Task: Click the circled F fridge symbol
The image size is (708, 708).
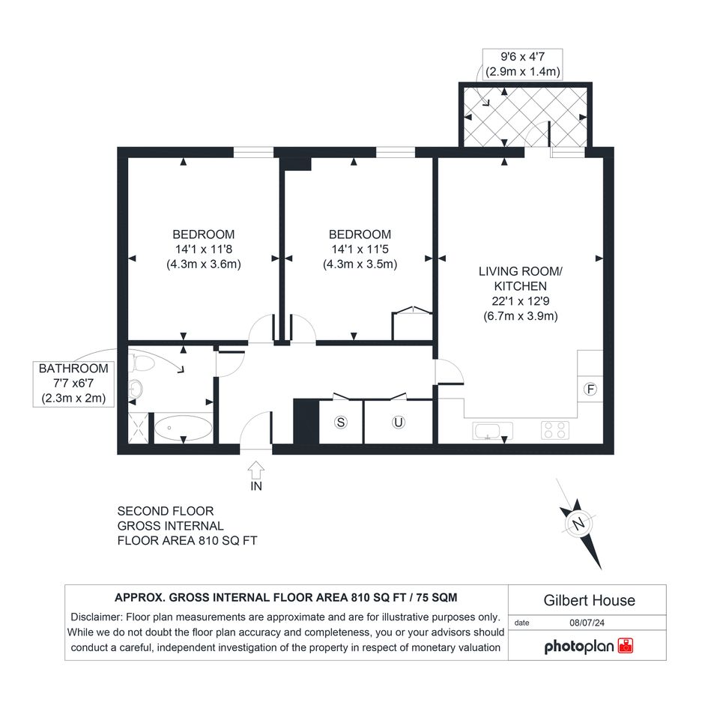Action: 590,390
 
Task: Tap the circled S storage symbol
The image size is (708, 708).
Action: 341,423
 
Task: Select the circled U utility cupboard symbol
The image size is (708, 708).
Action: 399,423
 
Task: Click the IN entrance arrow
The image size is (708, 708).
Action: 256,470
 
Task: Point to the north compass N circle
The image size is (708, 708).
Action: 578,524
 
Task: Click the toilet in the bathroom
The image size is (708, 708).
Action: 142,363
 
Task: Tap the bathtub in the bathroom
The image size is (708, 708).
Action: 184,428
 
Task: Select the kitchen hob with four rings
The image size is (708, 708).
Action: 555,430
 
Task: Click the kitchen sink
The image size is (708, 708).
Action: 493,430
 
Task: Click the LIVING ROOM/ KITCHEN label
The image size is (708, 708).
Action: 521,279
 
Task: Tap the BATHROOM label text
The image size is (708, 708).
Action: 73,369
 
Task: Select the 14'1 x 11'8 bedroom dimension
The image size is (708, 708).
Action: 204,249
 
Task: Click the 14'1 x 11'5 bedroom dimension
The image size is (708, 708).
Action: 360,249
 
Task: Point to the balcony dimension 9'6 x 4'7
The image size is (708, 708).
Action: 523,57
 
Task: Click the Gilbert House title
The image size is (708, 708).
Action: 589,601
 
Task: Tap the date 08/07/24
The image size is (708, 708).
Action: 587,623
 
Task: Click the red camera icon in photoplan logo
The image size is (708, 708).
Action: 626,646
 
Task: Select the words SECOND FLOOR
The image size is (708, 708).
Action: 166,511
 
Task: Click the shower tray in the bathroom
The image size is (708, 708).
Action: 138,428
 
